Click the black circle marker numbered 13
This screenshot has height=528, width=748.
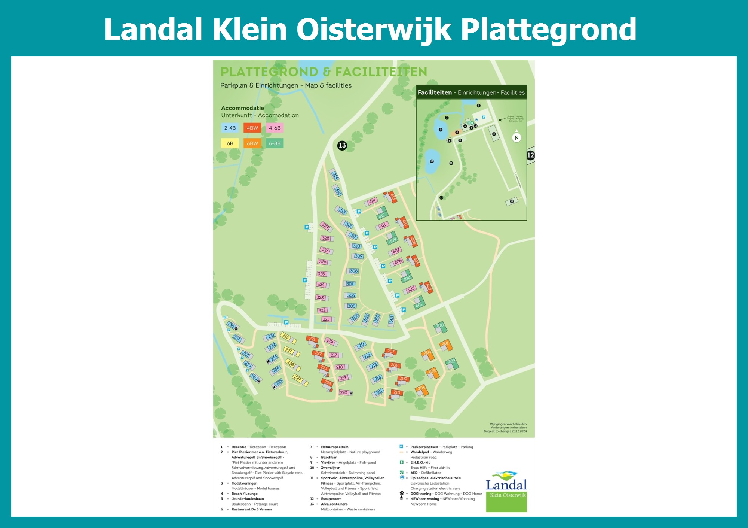point(342,145)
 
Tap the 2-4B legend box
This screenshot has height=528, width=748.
point(230,128)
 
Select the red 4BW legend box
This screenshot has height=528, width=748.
point(252,128)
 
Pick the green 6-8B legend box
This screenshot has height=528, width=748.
point(275,143)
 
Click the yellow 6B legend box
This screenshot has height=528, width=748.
point(230,143)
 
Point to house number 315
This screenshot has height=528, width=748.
point(335,175)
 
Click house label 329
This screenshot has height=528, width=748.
point(325,226)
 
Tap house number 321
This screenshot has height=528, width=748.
point(326,319)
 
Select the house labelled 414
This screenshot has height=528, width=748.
point(371,201)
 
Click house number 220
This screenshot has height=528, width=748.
point(344,392)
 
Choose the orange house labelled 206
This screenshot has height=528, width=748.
point(421,388)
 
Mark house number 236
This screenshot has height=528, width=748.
point(231,325)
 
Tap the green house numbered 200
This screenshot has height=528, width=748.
point(440,325)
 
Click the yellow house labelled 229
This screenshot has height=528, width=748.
point(298,378)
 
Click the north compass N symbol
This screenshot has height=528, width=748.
point(516,137)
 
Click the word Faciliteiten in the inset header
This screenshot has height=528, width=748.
point(435,92)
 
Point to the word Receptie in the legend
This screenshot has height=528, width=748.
point(239,447)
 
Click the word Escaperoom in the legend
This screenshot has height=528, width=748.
point(331,499)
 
